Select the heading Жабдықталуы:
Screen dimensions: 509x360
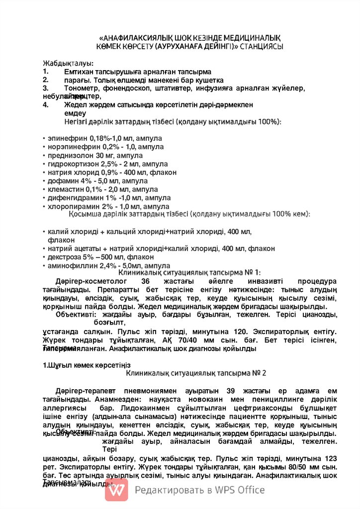tap(68, 63)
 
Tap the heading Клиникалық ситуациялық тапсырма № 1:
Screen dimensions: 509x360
tap(189, 272)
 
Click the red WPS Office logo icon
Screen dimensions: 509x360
tap(116, 490)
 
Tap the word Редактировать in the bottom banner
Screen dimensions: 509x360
tap(167, 490)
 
